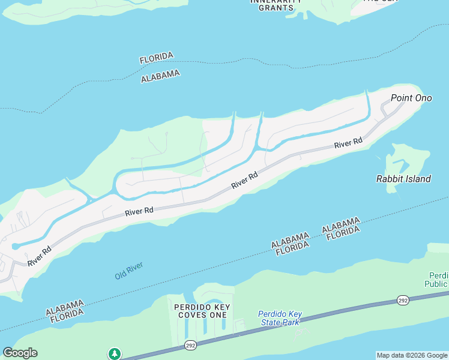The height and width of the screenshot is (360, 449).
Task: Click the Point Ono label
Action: (411, 98)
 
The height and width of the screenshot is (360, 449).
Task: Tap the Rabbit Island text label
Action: (403, 179)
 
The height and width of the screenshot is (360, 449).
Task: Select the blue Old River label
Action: (129, 271)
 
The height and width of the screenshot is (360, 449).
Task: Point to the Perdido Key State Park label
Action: (280, 318)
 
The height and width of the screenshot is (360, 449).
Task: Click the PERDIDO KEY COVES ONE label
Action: (200, 311)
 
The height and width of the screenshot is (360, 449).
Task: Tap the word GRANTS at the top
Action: (276, 8)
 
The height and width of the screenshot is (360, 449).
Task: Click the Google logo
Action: (20, 353)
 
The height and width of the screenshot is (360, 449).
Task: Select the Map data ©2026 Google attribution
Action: (412, 355)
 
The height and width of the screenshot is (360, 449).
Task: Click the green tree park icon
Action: (114, 353)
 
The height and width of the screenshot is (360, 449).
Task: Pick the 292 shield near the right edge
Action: (402, 300)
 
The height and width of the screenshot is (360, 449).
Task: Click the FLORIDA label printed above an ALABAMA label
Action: (157, 58)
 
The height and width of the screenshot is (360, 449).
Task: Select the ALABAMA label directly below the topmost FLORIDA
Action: (160, 76)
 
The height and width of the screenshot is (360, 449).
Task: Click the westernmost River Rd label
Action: (38, 256)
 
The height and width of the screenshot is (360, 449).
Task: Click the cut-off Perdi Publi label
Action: (436, 279)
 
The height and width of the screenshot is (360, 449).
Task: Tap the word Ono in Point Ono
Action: (423, 98)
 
